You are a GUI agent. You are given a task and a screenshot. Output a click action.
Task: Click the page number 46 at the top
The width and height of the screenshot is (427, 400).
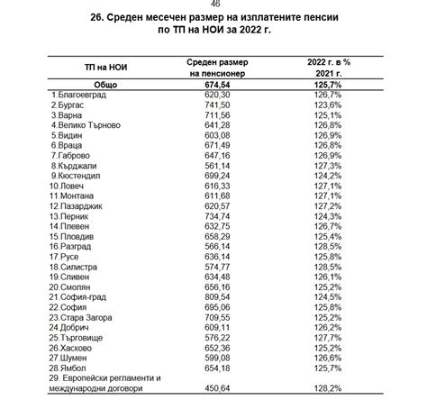point(213,4)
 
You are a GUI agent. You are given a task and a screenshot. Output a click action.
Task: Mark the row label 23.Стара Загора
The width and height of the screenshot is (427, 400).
point(87,317)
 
